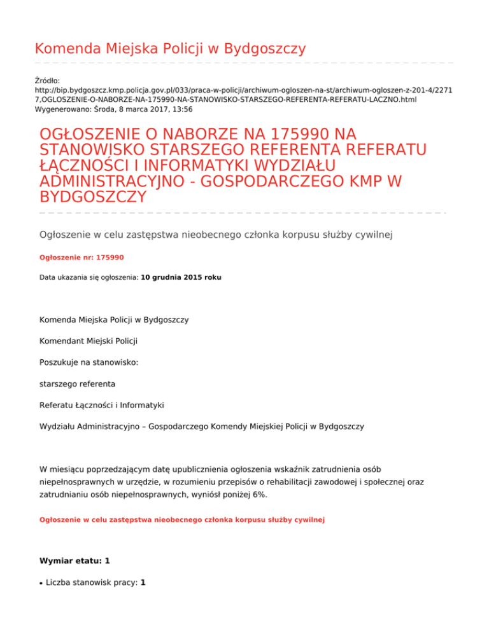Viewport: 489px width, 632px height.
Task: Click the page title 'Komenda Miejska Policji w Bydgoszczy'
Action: pyautogui.click(x=170, y=49)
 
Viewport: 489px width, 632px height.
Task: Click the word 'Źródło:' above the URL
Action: pyautogui.click(x=47, y=81)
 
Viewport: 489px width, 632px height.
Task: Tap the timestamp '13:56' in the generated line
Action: pyautogui.click(x=184, y=109)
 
